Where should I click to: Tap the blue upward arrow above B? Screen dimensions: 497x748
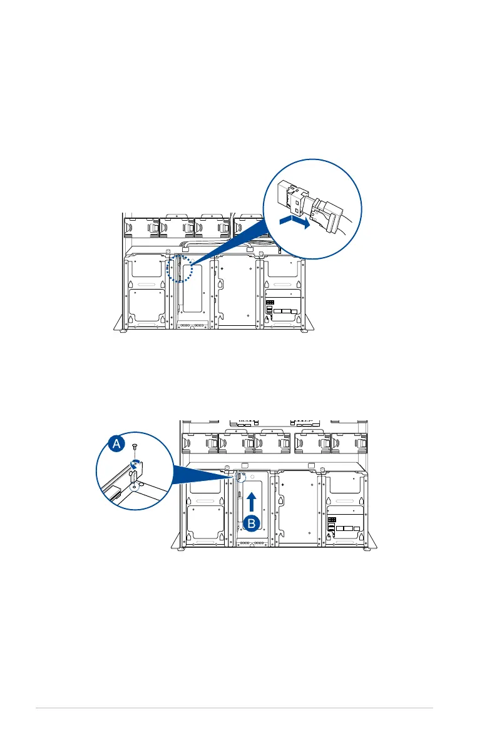click(251, 500)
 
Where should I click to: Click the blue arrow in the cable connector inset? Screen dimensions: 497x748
click(294, 222)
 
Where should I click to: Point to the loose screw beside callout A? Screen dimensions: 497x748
click(135, 447)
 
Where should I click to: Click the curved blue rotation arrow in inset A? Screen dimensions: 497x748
click(134, 463)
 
